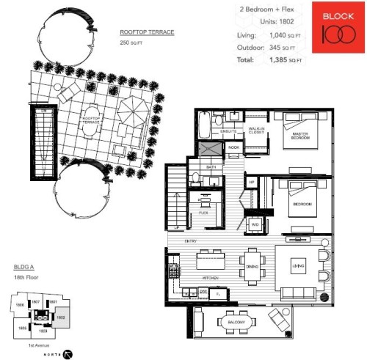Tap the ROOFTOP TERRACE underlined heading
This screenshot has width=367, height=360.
pyautogui.click(x=147, y=33)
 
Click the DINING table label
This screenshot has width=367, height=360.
pyautogui.click(x=252, y=267)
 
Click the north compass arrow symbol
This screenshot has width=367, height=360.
pyautogui.click(x=68, y=352)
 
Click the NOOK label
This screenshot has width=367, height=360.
pyautogui.click(x=233, y=147)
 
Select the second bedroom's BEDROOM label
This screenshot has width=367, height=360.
pyautogui.click(x=302, y=203)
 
